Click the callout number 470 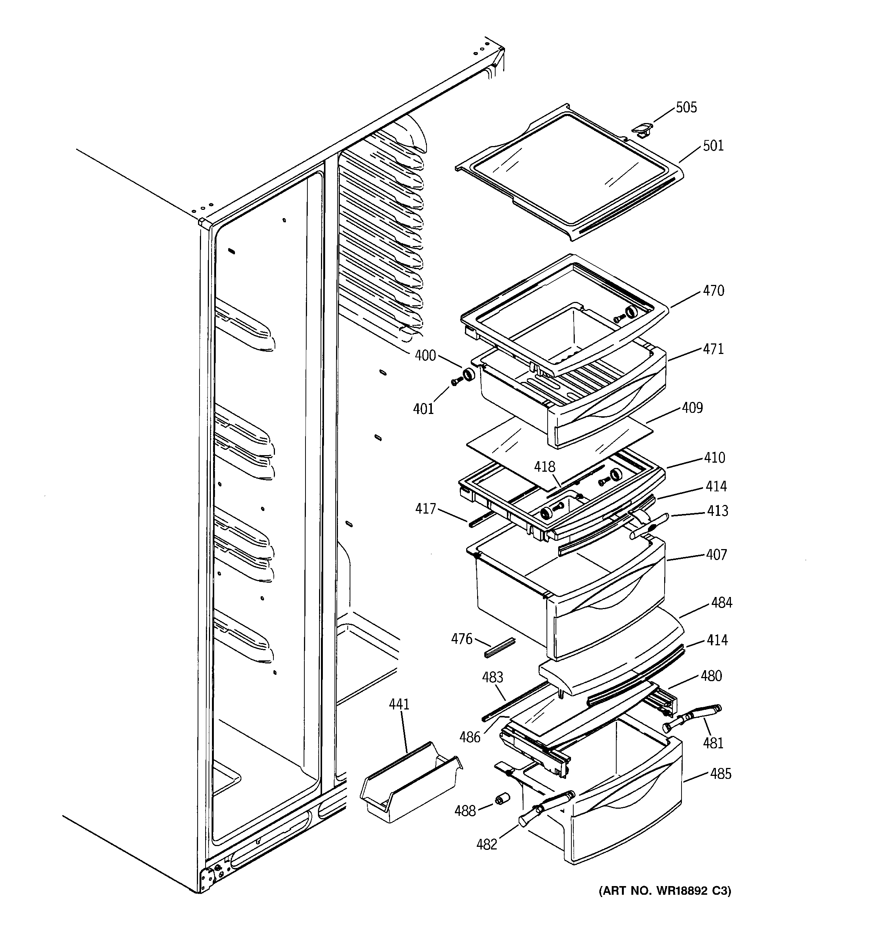point(714,291)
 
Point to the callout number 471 point(714,349)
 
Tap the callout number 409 point(692,408)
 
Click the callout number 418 point(545,467)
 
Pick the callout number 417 point(425,509)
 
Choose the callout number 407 point(716,555)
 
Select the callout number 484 point(721,603)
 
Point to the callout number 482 point(487,845)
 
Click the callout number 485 point(720,774)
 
